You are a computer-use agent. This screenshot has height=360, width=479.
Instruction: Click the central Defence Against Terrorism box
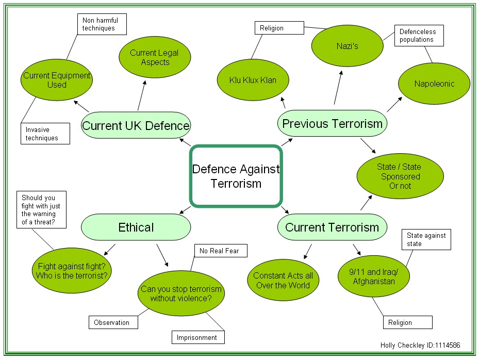[236, 176]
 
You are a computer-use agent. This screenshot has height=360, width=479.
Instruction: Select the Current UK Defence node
[136, 125]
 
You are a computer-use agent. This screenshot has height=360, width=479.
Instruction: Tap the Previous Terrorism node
[332, 123]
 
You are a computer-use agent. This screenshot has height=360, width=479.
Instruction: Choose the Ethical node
[136, 227]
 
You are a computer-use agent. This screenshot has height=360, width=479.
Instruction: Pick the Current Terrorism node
[332, 227]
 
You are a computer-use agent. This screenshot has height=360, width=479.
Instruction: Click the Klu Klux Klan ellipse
[253, 80]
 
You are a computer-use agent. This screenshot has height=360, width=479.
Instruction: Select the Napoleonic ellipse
[434, 84]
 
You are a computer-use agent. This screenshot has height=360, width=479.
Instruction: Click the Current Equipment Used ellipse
[57, 80]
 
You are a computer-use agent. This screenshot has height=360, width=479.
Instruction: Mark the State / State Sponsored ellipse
[400, 176]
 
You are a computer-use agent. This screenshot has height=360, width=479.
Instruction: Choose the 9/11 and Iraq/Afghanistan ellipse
[374, 276]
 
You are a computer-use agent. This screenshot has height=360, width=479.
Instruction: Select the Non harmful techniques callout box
[102, 24]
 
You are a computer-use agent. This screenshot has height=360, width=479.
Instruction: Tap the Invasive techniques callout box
[45, 134]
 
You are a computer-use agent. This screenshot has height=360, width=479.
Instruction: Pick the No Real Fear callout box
[220, 251]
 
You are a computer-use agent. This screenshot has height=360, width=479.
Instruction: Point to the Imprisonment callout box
[198, 337]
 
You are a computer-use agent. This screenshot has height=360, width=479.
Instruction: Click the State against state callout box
[425, 240]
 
